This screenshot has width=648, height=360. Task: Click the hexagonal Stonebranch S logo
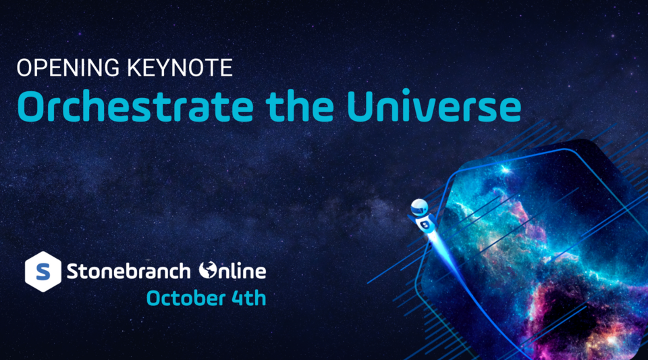(x=43, y=272)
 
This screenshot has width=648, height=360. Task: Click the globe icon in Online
(x=208, y=272)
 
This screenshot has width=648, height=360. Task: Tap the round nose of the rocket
(x=418, y=205)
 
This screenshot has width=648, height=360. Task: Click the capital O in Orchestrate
(x=30, y=107)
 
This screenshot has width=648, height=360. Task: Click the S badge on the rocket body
(x=425, y=222)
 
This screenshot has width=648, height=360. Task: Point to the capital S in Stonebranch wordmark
(x=73, y=272)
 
